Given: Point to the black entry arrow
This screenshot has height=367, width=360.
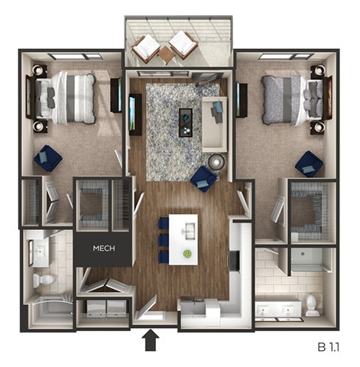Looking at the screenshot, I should (x=151, y=339).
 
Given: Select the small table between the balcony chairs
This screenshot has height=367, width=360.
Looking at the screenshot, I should (x=165, y=53).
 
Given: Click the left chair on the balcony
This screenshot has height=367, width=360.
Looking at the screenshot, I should (x=145, y=48).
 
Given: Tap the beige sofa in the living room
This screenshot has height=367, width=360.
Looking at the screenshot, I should (x=213, y=122).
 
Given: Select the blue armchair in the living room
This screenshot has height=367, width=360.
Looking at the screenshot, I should (x=203, y=178).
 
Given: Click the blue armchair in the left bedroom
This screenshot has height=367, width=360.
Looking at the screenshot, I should (x=47, y=158).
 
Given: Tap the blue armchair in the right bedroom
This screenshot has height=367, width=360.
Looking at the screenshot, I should (x=309, y=163).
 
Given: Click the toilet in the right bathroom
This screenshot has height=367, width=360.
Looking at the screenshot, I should (x=312, y=304).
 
